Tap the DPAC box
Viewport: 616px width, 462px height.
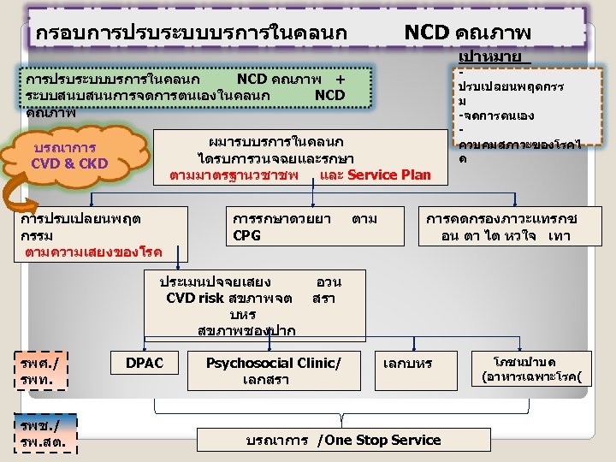pos(145,364)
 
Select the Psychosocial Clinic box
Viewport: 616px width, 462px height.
pos(273,370)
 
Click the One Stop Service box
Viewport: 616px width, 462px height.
pos(342,440)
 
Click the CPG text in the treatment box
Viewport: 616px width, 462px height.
pos(247,234)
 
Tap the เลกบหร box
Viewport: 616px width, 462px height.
pos(408,364)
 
